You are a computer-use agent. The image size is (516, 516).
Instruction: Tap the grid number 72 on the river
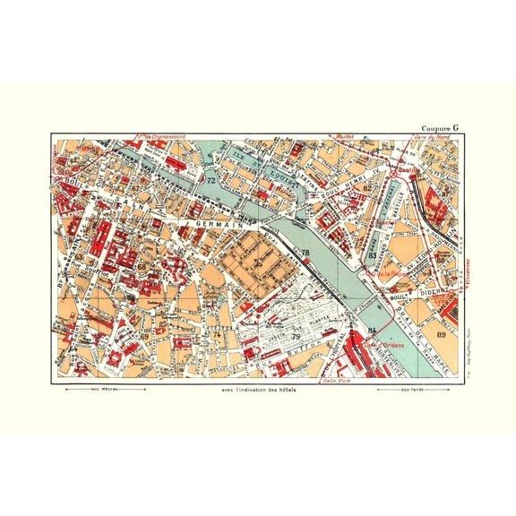(x=212, y=182)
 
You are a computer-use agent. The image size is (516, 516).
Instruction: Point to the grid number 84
(x=372, y=333)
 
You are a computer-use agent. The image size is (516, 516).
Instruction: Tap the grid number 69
(x=144, y=336)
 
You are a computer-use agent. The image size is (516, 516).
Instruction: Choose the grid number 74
(x=217, y=334)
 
